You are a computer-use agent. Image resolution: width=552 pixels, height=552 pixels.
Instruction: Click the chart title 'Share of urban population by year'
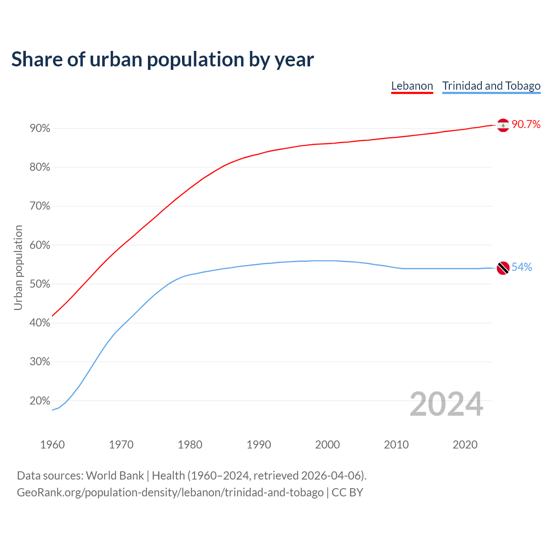coord(163,60)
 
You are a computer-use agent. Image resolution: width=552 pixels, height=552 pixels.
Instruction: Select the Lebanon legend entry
coord(412,86)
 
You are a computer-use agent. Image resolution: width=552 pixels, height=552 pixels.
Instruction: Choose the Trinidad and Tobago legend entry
coord(491,86)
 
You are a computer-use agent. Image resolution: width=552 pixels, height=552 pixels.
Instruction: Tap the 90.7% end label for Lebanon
coord(526,125)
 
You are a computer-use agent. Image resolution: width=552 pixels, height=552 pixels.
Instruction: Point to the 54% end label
coord(521,267)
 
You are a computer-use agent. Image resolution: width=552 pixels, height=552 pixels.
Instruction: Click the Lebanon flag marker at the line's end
coord(503,125)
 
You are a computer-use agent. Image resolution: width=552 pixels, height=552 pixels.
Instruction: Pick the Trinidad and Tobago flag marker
coord(503,268)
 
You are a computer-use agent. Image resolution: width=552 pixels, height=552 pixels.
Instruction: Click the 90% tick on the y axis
coord(40,129)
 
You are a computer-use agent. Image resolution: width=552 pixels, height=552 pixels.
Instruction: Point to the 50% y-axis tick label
coord(40,284)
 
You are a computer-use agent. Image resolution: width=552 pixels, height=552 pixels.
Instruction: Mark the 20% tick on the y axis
coord(40,401)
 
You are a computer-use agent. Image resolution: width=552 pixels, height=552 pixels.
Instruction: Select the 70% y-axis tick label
coord(40,206)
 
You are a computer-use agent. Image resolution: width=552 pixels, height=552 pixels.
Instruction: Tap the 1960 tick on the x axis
coord(52,445)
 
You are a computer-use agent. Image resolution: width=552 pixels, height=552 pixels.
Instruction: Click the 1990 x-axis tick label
coord(259,445)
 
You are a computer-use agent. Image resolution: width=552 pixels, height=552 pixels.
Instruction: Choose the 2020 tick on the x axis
coord(465,445)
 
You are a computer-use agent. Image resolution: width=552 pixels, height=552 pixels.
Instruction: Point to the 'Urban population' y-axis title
coord(18,267)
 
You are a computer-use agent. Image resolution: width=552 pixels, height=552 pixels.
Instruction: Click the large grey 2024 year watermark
coord(446,404)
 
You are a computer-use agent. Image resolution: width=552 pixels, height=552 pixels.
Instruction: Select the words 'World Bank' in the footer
coord(115,476)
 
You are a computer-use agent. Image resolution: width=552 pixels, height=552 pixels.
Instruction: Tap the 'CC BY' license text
coord(347,492)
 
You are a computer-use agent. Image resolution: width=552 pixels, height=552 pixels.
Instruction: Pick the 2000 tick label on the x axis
coord(327,445)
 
